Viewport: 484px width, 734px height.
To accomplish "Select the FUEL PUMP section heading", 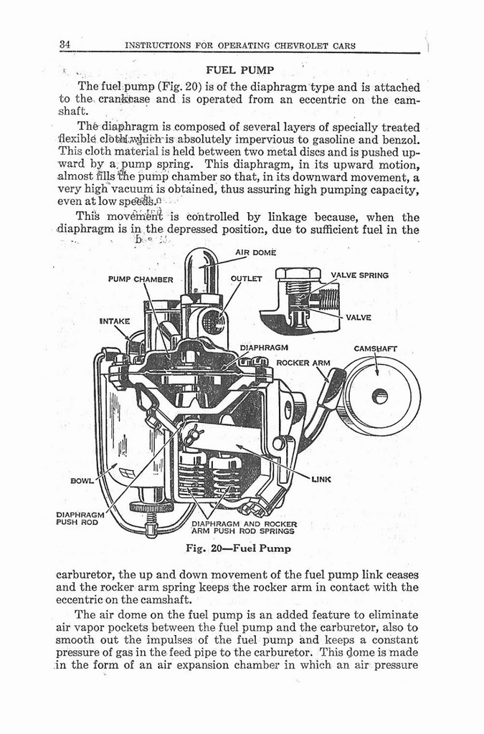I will coord(235,70).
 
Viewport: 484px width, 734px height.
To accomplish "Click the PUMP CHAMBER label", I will coord(141,279).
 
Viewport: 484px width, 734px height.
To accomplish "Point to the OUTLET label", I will coord(247,278).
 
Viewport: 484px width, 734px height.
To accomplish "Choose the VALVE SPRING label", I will coord(360,275).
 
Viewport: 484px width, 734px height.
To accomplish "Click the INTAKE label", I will coord(114,321).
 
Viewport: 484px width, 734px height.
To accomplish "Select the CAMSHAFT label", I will coord(376,349).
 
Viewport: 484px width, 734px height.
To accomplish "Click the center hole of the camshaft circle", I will coord(379,396).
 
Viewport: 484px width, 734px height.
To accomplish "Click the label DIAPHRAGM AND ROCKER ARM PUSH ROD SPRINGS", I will coord(244,528).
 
